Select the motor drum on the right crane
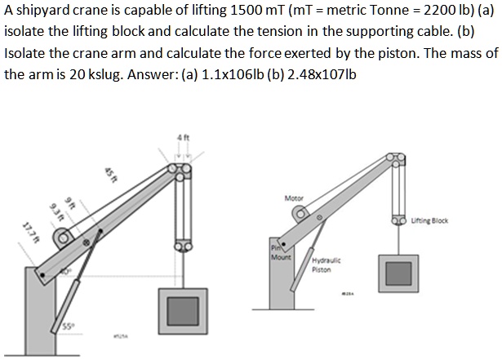301,217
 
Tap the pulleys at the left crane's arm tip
180,169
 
